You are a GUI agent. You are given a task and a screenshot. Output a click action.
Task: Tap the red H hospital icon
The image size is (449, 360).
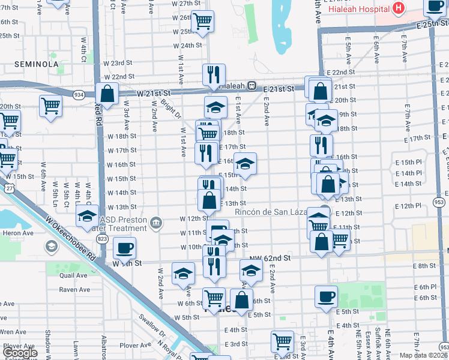(397, 9)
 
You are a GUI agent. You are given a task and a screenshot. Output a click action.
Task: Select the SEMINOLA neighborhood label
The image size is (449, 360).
(37, 64)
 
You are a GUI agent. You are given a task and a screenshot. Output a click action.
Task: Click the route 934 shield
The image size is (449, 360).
(79, 95)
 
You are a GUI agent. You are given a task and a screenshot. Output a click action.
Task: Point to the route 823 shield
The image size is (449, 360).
(103, 222)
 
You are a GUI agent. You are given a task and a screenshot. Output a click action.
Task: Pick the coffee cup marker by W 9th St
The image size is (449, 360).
(125, 248)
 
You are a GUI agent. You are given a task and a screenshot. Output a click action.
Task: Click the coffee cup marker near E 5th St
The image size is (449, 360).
(326, 296)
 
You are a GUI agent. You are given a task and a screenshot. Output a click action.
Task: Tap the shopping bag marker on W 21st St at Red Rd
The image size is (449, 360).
(107, 94)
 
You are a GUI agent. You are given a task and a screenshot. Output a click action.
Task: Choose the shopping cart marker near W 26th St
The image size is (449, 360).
(203, 22)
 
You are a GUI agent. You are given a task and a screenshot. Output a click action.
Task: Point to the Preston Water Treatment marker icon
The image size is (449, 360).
(157, 223)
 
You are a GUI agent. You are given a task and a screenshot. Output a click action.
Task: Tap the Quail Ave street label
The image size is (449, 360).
(74, 275)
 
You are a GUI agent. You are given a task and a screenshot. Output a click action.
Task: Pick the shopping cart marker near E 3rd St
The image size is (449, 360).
(282, 341)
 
